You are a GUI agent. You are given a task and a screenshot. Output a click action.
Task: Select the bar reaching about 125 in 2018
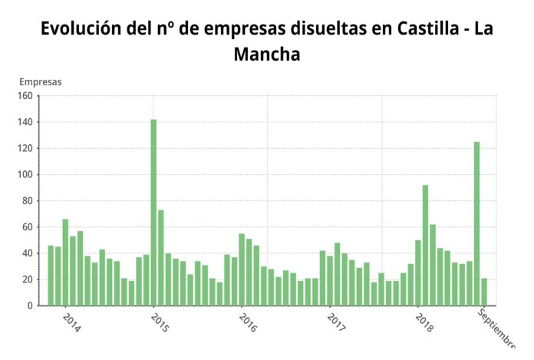(476, 223)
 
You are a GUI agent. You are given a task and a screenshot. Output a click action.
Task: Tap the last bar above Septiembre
(484, 292)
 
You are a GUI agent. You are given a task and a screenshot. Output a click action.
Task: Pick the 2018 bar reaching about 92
(425, 245)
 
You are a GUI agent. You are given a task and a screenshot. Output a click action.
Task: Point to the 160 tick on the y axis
(25, 96)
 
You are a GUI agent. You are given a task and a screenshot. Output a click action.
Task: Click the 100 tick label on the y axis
(25, 175)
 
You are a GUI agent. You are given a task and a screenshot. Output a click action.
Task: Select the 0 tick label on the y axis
(30, 306)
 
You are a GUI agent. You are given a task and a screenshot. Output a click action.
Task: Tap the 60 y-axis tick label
(27, 227)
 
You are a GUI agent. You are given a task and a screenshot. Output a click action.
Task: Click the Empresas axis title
(41, 81)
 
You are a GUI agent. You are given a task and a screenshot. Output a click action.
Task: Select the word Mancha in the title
(266, 55)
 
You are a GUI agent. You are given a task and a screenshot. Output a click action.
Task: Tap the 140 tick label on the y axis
(25, 122)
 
